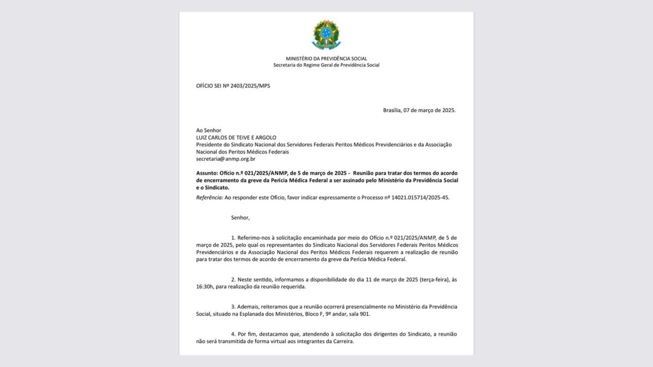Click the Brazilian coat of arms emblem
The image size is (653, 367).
click(326, 35)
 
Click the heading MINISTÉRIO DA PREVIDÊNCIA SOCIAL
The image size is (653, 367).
click(326, 58)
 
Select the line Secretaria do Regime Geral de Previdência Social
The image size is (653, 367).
click(326, 65)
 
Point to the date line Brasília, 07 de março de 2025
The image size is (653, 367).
click(419, 110)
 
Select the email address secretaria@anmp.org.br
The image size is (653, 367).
click(226, 159)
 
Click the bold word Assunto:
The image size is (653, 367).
click(207, 172)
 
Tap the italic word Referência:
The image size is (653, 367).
click(209, 197)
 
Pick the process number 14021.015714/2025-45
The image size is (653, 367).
click(419, 197)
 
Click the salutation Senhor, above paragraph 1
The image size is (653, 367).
click(241, 217)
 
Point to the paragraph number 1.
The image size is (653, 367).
click(233, 238)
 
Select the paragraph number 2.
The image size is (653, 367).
click(233, 279)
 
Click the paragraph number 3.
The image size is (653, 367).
click(233, 307)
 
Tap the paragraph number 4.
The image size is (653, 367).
click(233, 334)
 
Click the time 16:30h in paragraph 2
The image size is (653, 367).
click(206, 286)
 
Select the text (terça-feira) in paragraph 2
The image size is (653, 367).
click(428, 279)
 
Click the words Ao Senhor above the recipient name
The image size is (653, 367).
click(208, 130)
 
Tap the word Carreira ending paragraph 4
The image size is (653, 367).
click(342, 341)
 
